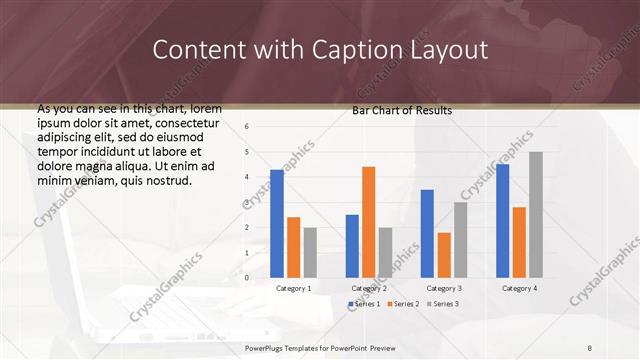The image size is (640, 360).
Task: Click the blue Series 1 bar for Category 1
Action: click(277, 224)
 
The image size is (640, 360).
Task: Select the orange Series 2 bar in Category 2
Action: click(368, 222)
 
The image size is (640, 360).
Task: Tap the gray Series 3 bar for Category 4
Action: click(536, 215)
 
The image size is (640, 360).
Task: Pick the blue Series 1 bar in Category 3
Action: click(427, 233)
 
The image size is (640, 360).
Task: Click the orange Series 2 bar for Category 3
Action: click(444, 255)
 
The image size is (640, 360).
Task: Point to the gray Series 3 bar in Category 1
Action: click(310, 252)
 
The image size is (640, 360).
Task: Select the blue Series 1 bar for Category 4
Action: click(502, 221)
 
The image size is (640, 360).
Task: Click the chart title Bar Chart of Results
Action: click(402, 110)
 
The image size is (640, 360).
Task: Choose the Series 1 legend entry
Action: click(362, 303)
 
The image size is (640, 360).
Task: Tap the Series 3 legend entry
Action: click(440, 303)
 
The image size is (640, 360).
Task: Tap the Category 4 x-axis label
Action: click(518, 288)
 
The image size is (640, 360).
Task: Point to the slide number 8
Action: click(590, 347)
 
